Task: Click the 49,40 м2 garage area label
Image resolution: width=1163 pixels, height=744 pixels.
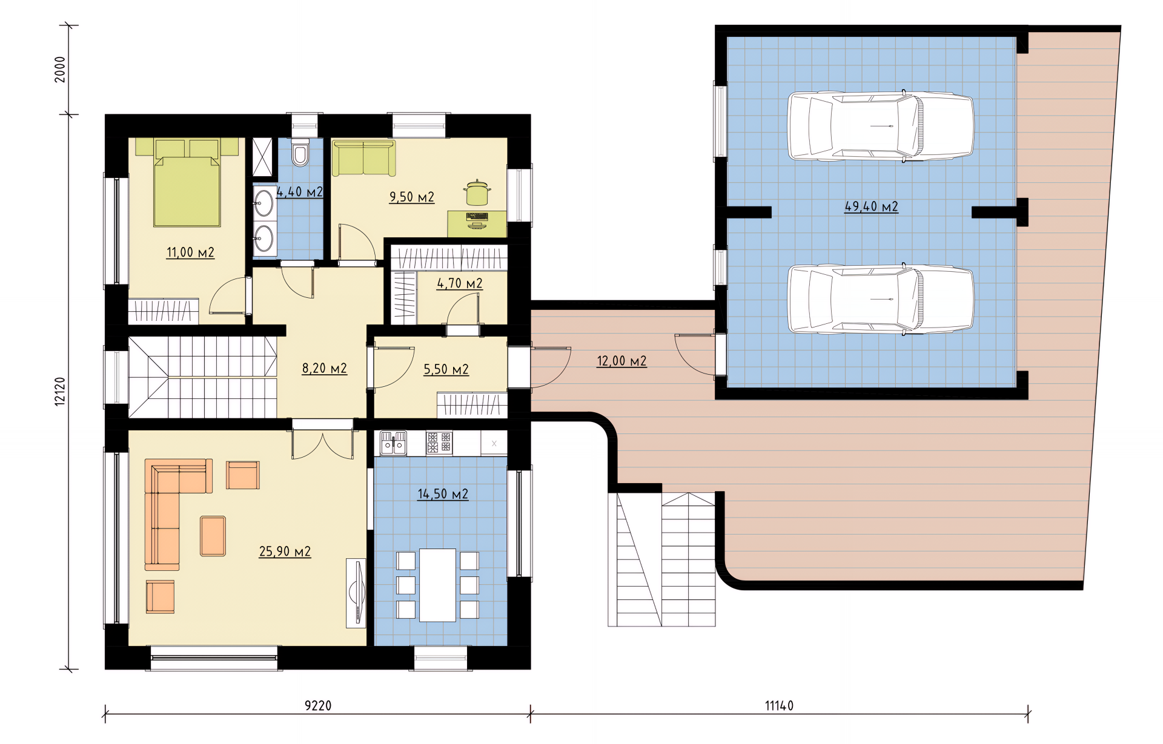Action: pos(871,206)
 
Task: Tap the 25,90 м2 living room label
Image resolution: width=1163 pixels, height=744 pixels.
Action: pos(285,551)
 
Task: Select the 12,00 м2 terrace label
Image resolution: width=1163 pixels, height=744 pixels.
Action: pos(621,361)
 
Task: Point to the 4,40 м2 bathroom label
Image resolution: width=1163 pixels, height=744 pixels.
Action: pos(299,192)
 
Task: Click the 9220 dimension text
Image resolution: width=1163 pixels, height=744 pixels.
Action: pos(318,705)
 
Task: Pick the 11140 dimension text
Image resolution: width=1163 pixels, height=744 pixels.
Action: pos(779,705)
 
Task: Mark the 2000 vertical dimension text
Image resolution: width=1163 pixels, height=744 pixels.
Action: pos(60,70)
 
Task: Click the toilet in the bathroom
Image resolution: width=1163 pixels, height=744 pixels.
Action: pos(300,153)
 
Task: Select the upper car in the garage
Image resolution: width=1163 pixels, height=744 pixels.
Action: pos(881,126)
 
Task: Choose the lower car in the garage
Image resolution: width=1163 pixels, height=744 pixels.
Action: pos(881,299)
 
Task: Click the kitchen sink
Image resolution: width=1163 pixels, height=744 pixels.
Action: pos(394,443)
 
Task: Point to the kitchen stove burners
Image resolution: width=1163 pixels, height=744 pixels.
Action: pos(439,443)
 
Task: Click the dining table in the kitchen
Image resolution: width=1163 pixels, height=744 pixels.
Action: pos(437,585)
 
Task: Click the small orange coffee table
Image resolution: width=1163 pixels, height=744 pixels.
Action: pos(213,536)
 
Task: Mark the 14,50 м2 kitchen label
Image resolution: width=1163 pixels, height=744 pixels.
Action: pos(443,494)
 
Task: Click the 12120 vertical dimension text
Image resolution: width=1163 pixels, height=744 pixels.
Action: pos(60,391)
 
